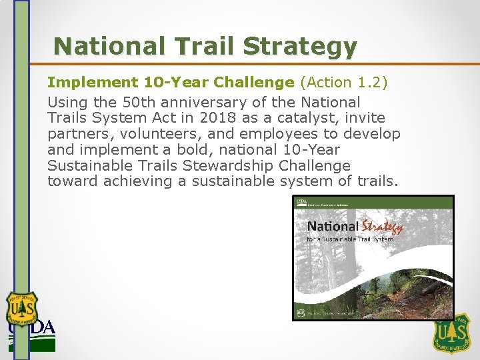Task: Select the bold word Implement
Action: pyautogui.click(x=92, y=82)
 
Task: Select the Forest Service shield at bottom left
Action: pyautogui.click(x=22, y=309)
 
